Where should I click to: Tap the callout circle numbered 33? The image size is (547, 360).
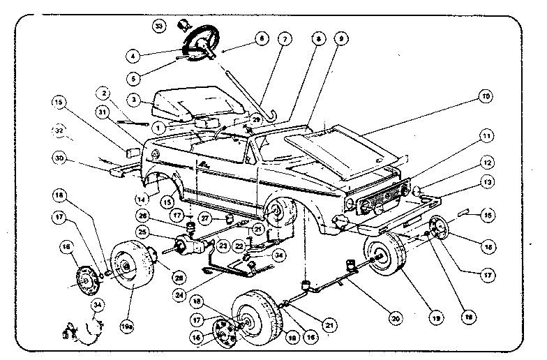pyautogui.click(x=160, y=27)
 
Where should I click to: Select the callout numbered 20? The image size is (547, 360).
pyautogui.click(x=396, y=319)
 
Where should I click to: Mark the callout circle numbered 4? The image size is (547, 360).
pyautogui.click(x=133, y=54)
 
